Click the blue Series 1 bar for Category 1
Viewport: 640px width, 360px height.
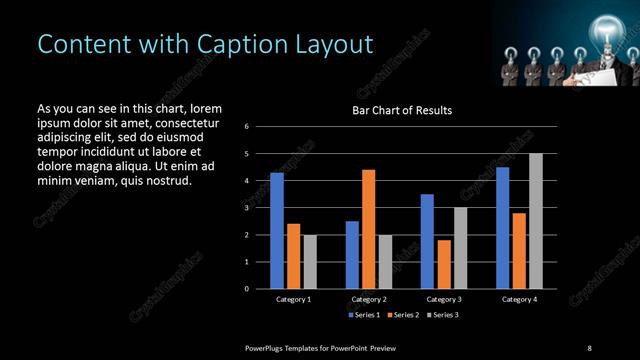click(x=277, y=231)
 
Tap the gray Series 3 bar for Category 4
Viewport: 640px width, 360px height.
click(x=536, y=221)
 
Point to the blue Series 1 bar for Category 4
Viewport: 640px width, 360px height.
click(x=503, y=228)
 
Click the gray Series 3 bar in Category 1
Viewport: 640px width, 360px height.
click(x=310, y=262)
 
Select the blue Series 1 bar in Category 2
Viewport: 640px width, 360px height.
click(x=352, y=255)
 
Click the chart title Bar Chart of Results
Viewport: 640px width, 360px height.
click(x=402, y=110)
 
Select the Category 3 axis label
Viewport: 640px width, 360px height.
click(x=443, y=299)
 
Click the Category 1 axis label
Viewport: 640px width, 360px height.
click(x=293, y=299)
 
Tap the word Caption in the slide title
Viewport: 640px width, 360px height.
click(x=224, y=44)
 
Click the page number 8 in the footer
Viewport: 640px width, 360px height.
click(x=589, y=347)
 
